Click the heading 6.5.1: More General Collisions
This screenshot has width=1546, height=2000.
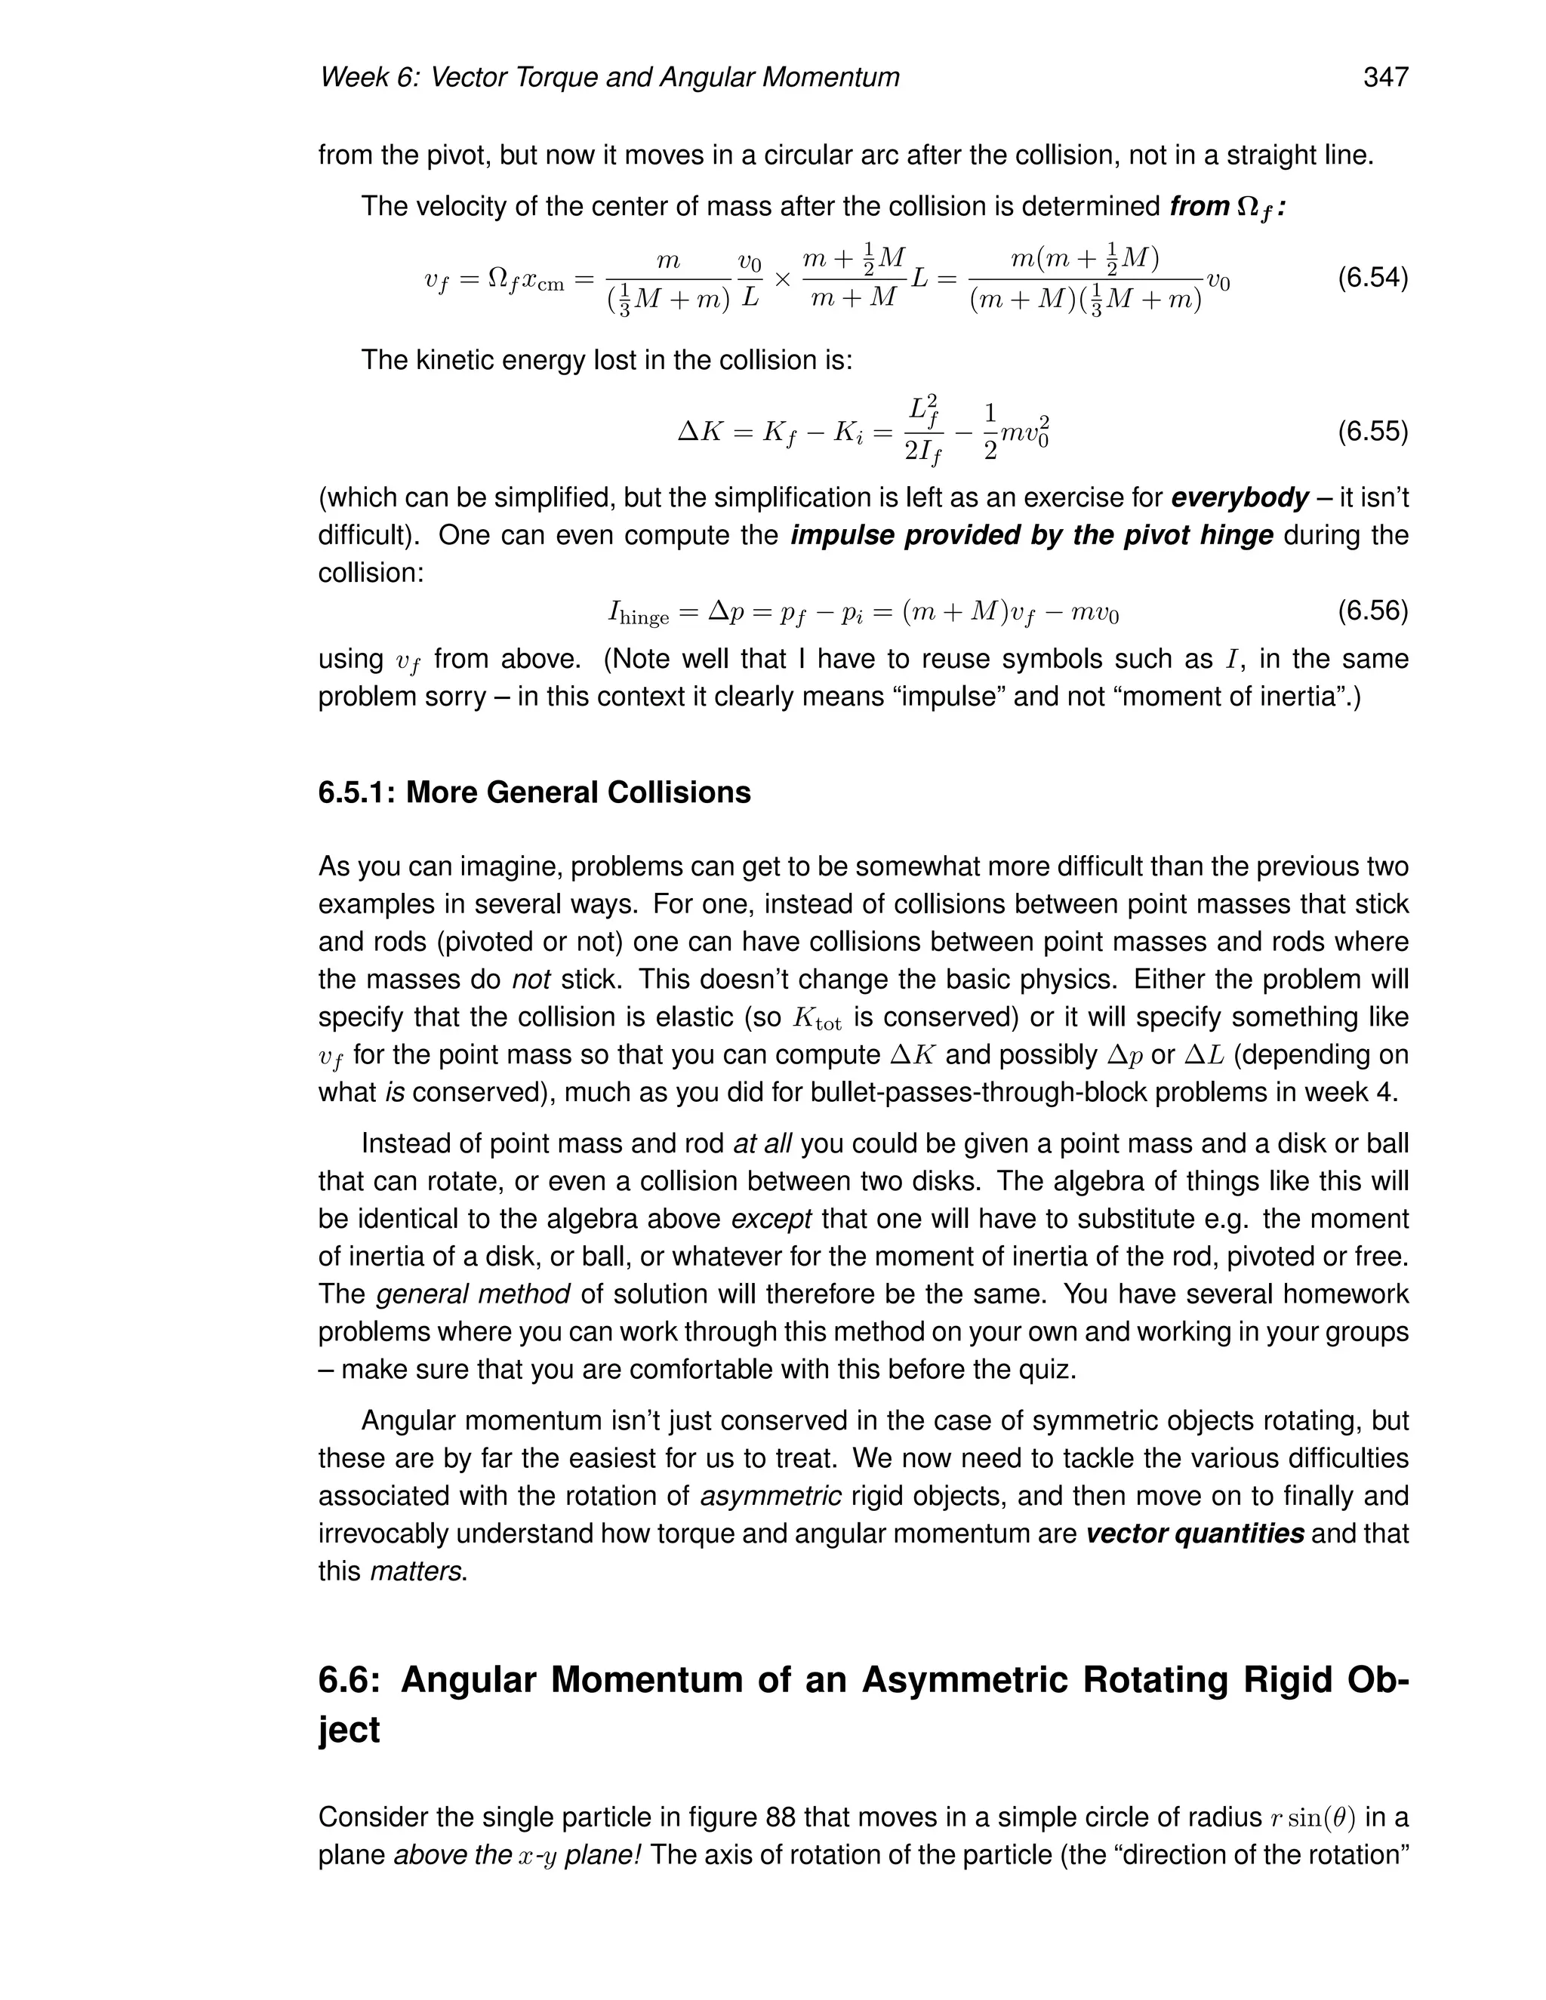click(x=534, y=792)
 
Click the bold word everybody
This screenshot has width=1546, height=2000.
click(x=1240, y=497)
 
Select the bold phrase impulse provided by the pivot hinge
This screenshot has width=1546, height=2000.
click(x=1031, y=535)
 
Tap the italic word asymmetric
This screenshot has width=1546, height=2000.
click(x=770, y=1497)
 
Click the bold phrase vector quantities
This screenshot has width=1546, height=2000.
click(x=1194, y=1534)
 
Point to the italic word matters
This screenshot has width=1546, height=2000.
click(x=418, y=1571)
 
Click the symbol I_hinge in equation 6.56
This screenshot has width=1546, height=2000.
click(x=639, y=613)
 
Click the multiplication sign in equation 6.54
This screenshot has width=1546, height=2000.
click(x=782, y=278)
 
